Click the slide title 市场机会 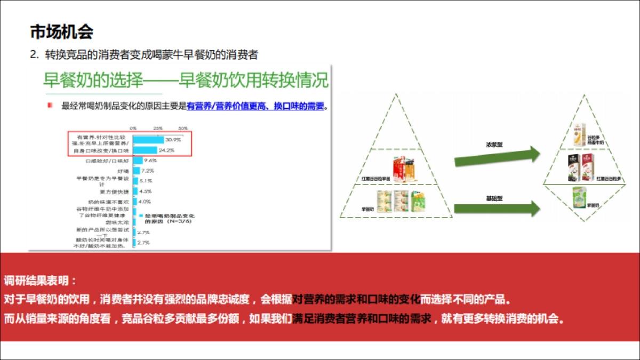click(x=61, y=32)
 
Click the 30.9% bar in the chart click(x=148, y=140)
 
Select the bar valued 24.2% click(x=145, y=150)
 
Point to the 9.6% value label click(x=150, y=161)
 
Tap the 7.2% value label click(x=147, y=171)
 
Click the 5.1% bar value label click(x=145, y=181)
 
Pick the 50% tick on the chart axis click(x=183, y=129)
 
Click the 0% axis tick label click(x=133, y=129)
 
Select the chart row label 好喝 click(x=123, y=171)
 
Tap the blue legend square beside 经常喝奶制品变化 click(x=140, y=214)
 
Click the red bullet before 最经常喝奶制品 click(x=50, y=106)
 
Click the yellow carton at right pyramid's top click(x=577, y=134)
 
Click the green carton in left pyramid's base click(x=419, y=201)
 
